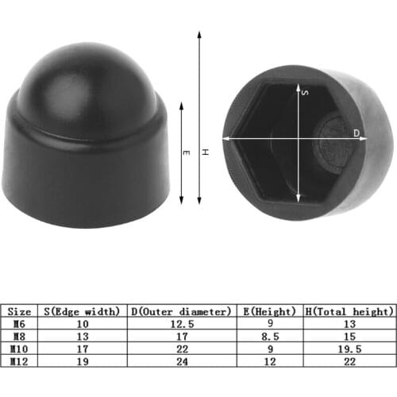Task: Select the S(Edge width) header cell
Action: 83,311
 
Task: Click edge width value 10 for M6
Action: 83,323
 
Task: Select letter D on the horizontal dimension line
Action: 356,133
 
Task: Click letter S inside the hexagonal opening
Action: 305,93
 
